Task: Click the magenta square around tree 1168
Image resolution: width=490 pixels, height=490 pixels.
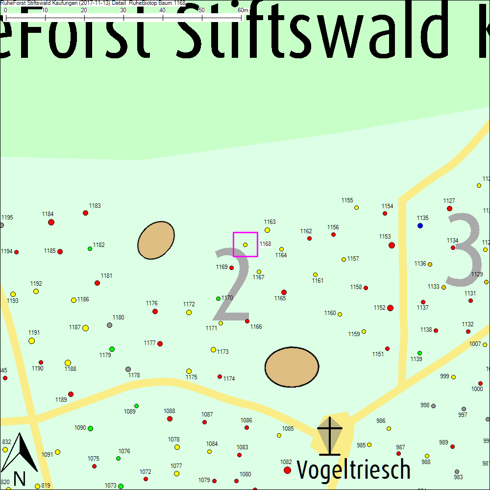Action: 245,245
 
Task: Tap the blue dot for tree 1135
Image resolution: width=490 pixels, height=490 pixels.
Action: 420,225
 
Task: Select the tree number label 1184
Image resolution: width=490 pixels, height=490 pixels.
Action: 48,214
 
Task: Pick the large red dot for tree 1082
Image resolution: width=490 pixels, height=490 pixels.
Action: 288,470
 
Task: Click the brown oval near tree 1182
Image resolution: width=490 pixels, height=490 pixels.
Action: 156,240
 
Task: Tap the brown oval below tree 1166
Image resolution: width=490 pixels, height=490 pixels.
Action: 292,367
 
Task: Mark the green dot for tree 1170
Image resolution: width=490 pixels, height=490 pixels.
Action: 218,298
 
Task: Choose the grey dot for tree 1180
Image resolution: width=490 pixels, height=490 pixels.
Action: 109,325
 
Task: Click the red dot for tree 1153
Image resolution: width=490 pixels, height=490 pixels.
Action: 392,245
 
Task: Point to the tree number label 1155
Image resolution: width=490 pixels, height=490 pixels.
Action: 347,200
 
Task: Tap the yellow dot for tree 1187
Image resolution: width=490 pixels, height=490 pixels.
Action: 85,328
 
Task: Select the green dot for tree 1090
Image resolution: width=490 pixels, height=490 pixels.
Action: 90,428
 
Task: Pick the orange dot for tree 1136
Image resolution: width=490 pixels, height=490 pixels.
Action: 430,265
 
